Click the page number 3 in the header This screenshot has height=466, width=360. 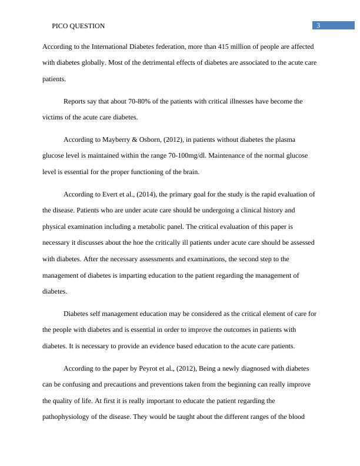pos(318,25)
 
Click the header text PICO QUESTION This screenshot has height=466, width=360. pos(78,26)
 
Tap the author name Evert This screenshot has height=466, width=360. pos(117,194)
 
